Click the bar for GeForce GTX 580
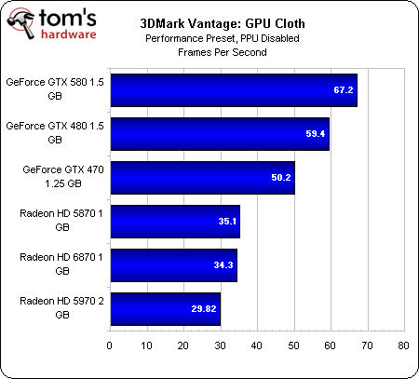click(x=233, y=89)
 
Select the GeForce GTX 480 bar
click(x=219, y=133)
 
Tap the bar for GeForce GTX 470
click(x=202, y=177)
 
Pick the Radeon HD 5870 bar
click(x=174, y=221)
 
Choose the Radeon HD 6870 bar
click(x=172, y=265)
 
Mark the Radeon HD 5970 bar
click(x=165, y=308)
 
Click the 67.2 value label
click(x=345, y=90)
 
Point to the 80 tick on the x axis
click(x=403, y=346)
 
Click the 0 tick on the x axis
click(x=110, y=346)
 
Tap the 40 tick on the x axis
click(x=257, y=346)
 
